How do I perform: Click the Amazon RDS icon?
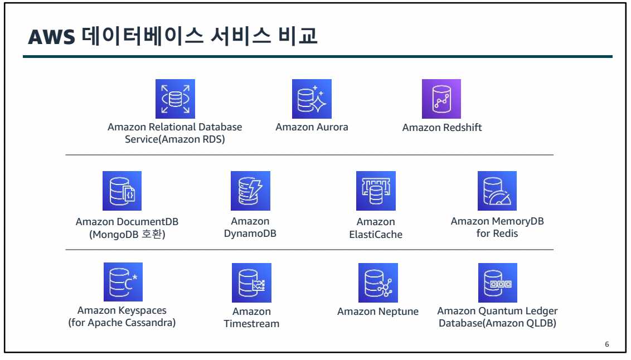(x=175, y=99)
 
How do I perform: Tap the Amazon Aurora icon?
(x=312, y=99)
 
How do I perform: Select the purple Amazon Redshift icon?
(x=441, y=99)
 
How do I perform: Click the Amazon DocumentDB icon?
(x=122, y=191)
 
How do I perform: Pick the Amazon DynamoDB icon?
(x=250, y=191)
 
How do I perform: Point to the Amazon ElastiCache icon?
(x=376, y=191)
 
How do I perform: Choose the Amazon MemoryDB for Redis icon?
(x=497, y=191)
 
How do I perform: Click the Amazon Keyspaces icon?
(x=123, y=282)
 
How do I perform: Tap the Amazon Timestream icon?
(x=251, y=283)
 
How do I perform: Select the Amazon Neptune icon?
(x=378, y=283)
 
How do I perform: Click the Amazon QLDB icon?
(x=498, y=283)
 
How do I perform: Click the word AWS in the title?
(x=51, y=37)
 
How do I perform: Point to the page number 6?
(x=607, y=344)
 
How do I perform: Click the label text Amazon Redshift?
(x=442, y=128)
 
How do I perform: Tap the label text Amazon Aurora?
(x=312, y=127)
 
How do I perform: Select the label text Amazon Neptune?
(x=378, y=312)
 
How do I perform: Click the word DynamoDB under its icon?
(x=250, y=233)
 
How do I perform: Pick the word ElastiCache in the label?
(x=376, y=235)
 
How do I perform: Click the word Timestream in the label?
(x=251, y=324)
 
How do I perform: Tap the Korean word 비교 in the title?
(x=298, y=36)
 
